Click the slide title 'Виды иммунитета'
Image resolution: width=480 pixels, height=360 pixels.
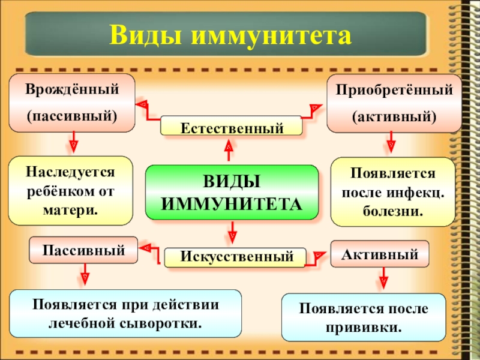[229, 35]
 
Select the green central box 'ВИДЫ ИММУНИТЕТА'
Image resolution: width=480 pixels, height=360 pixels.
[232, 192]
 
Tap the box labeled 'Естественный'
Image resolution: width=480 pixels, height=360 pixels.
[232, 127]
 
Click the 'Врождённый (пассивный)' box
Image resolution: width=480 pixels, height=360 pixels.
[71, 103]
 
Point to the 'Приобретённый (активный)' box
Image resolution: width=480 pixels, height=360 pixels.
[394, 103]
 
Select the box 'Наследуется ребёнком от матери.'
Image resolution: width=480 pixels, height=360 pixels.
[70, 191]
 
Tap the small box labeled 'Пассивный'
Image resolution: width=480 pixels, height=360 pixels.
[83, 250]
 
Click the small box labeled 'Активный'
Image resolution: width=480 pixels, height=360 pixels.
[380, 254]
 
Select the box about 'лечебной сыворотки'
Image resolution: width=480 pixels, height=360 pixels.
[125, 314]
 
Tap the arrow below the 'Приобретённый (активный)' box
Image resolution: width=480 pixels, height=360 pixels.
[391, 144]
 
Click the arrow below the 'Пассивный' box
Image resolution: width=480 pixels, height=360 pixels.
[84, 276]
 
